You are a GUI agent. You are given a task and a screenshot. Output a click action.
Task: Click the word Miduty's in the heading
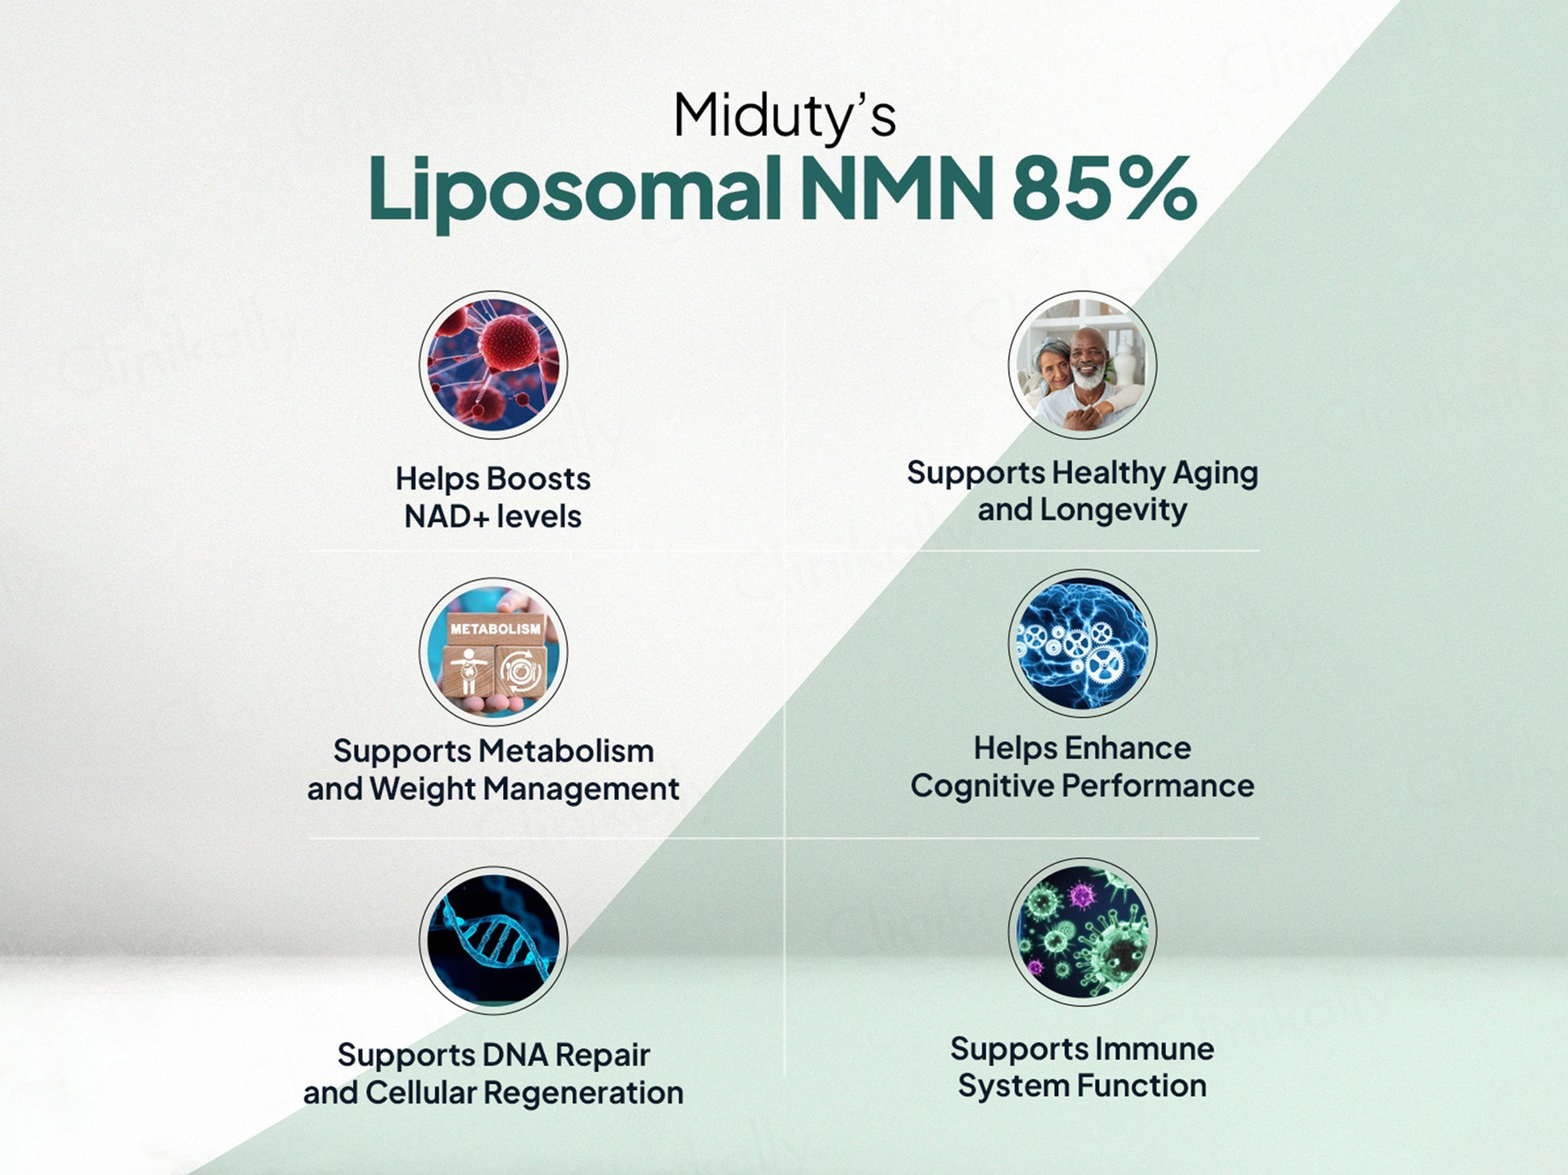pos(784,118)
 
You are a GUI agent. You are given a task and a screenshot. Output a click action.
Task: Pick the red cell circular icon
pos(493,365)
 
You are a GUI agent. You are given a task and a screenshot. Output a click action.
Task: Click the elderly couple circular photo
pos(1082,365)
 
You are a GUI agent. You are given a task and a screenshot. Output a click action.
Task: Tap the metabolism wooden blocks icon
pos(493,651)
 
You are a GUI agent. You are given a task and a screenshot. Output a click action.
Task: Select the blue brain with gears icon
pos(1082,643)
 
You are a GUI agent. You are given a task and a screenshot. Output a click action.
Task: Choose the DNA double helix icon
pos(493,940)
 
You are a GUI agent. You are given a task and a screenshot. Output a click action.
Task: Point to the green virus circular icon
pos(1082,932)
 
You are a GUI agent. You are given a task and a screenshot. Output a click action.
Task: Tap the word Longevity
pos(1113,511)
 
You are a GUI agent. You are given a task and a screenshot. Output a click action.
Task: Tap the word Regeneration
pos(583,1094)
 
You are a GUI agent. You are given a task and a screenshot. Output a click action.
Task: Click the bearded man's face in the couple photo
pos(1089,360)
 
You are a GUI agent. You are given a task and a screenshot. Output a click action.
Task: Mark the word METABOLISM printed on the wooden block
pos(496,628)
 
